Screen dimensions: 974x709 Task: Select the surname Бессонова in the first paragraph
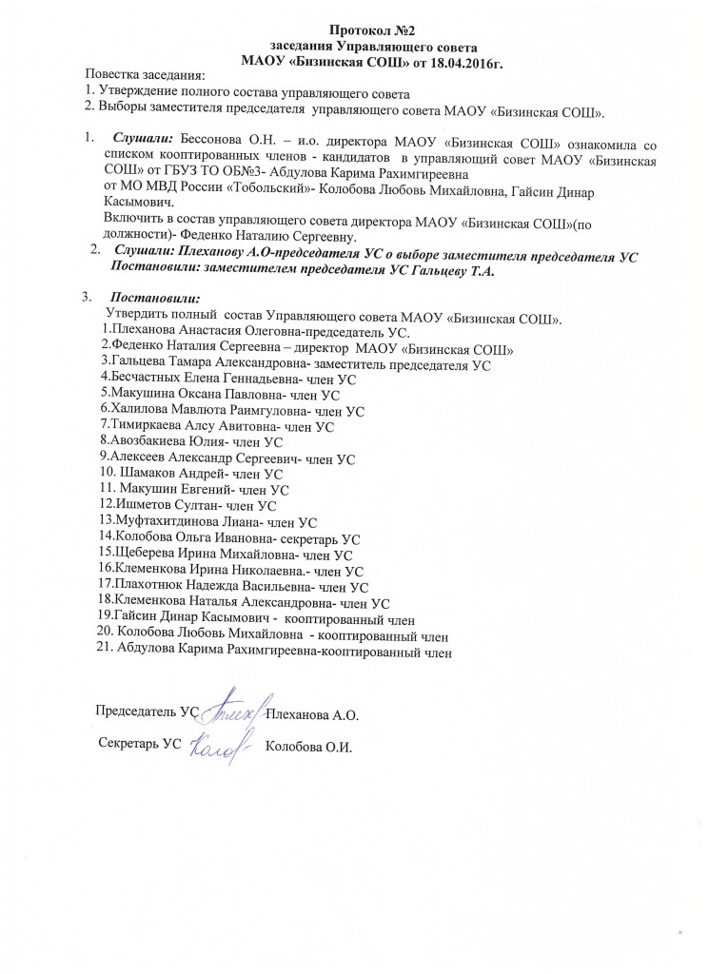[211, 143]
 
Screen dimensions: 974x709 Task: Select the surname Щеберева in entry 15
[146, 555]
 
